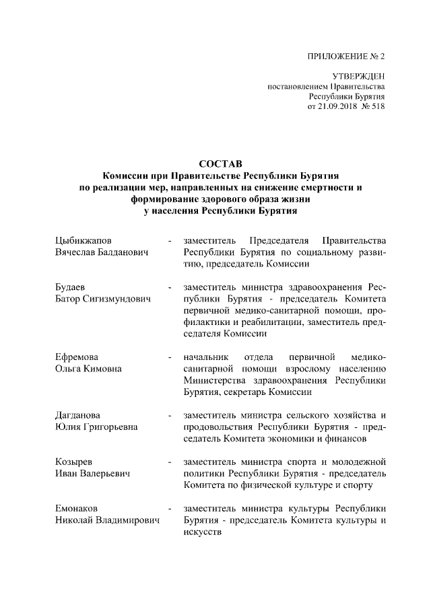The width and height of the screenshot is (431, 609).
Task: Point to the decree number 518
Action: pyautogui.click(x=377, y=106)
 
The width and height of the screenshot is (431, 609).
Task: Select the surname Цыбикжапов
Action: pyautogui.click(x=84, y=240)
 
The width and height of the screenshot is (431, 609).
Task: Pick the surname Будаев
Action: pyautogui.click(x=71, y=287)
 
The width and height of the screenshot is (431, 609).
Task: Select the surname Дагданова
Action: pyautogui.click(x=80, y=415)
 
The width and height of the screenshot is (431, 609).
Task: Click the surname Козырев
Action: pyautogui.click(x=74, y=462)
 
